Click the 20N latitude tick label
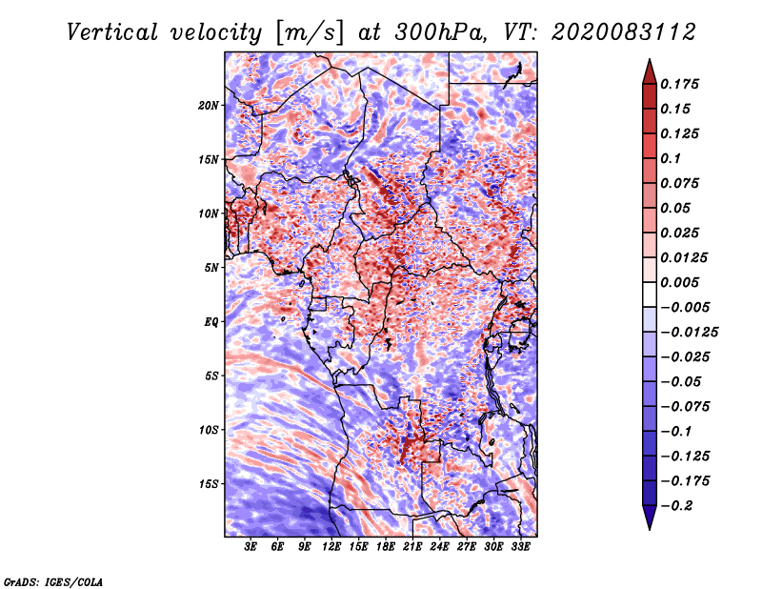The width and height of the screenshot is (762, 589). (208, 105)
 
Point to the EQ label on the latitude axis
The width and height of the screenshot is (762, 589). (211, 322)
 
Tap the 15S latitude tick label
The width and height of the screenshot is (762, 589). (209, 484)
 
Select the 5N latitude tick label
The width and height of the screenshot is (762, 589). (211, 268)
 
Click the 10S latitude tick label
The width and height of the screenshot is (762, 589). (209, 430)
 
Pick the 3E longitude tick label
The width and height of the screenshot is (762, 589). (251, 546)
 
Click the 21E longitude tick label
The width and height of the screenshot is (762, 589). (412, 546)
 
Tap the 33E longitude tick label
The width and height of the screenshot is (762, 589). (520, 546)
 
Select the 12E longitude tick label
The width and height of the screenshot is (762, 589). (331, 546)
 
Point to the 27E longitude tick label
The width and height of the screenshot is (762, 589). (466, 546)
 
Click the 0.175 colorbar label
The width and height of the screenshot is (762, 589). (679, 84)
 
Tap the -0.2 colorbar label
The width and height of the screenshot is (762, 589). (676, 506)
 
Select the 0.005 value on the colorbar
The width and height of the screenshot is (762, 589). (679, 282)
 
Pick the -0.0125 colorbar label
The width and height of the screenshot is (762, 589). (689, 333)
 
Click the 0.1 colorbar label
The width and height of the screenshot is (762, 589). (671, 158)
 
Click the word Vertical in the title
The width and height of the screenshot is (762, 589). (112, 32)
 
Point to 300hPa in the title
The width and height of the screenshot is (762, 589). (440, 32)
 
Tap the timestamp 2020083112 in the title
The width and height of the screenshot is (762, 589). (624, 32)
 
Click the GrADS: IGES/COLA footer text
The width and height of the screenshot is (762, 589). (53, 582)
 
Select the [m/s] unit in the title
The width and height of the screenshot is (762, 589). (310, 33)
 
